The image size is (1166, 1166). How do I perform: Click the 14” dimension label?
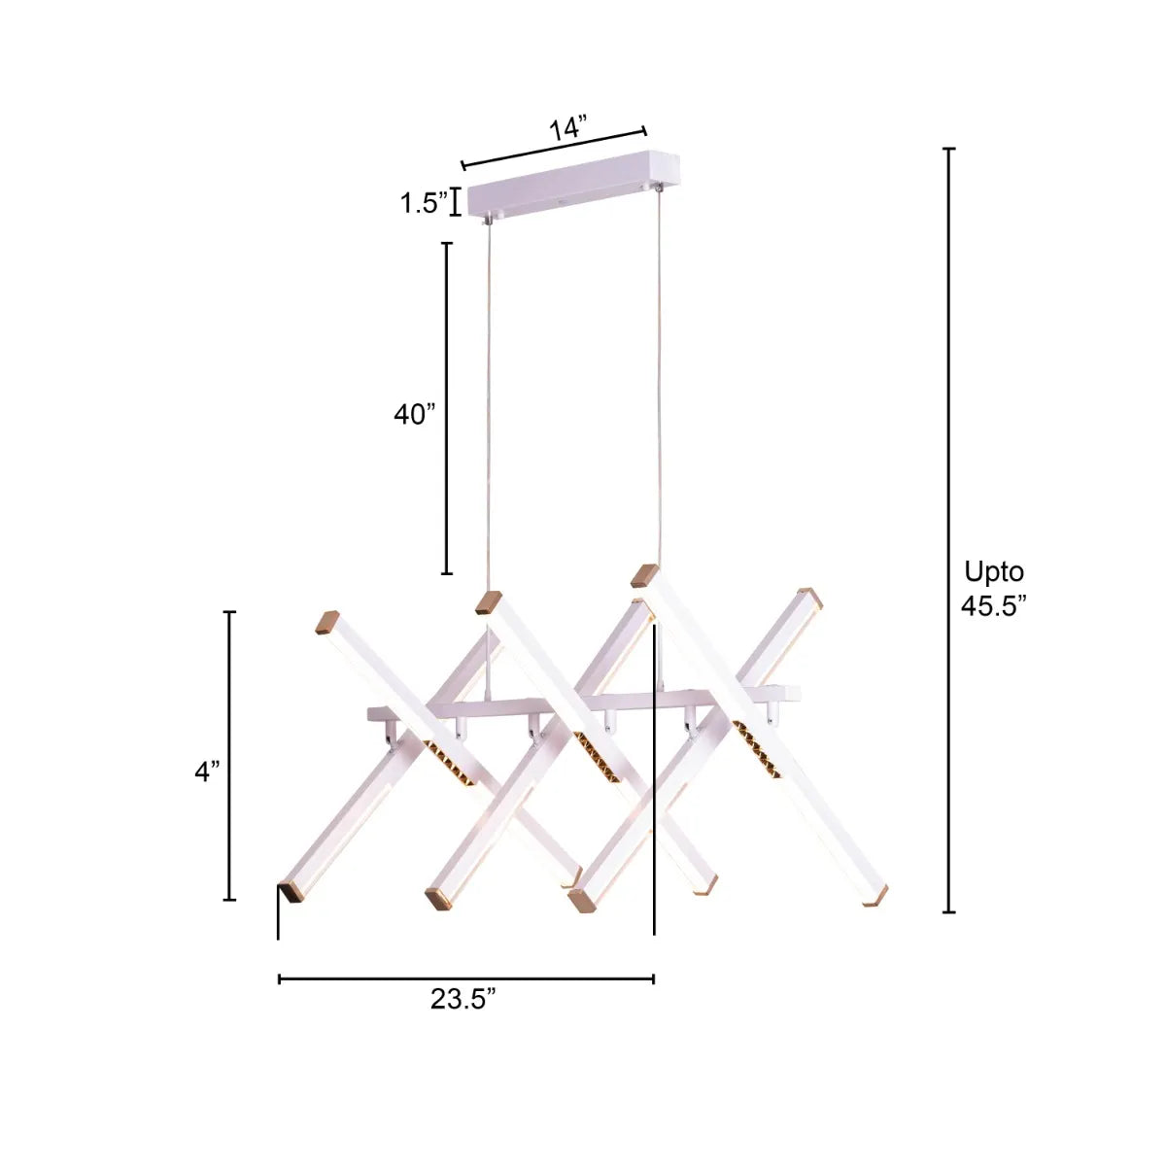tap(568, 128)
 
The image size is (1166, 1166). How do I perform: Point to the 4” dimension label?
tap(207, 772)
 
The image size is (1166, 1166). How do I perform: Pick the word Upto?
tap(993, 571)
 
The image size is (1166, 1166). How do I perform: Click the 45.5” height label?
tap(993, 605)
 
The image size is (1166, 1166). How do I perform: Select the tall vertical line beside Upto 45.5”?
tap(949, 530)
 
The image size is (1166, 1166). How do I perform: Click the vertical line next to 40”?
tap(447, 408)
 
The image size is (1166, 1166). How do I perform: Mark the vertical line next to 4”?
tap(230, 756)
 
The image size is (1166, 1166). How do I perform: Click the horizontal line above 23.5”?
tap(465, 978)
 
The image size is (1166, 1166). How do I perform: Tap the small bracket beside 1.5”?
tap(455, 202)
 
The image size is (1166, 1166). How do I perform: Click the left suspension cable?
tap(487, 408)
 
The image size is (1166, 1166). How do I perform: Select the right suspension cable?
tap(660, 379)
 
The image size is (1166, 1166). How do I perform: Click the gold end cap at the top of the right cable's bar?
tap(643, 575)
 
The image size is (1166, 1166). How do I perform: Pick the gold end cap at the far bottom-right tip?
tap(874, 897)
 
